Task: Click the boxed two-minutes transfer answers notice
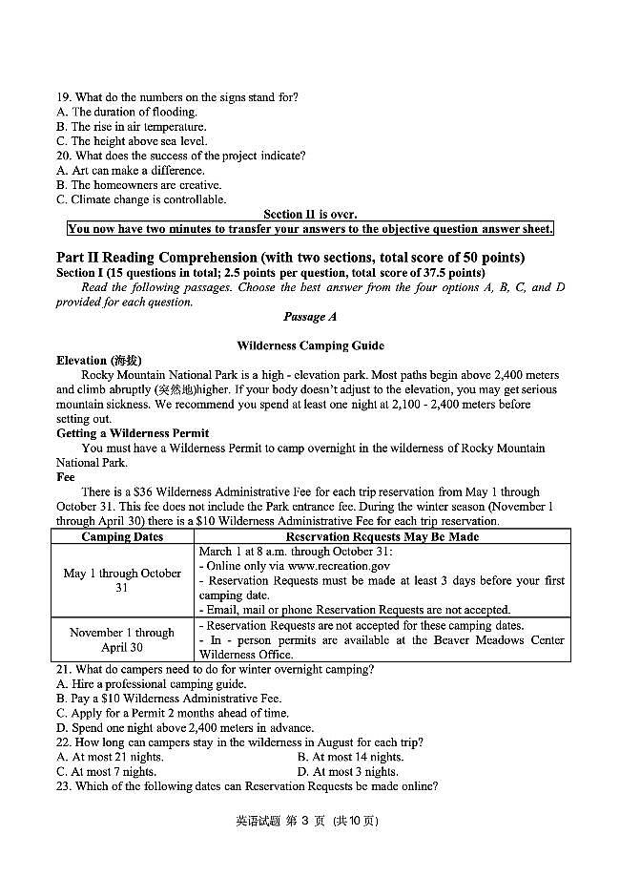coord(310,229)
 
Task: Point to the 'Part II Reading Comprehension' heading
coord(290,258)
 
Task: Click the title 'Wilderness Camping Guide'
coord(310,345)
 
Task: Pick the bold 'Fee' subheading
coord(66,477)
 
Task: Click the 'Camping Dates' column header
coord(122,537)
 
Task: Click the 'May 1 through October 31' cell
coord(122,580)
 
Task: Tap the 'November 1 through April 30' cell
coord(122,639)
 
